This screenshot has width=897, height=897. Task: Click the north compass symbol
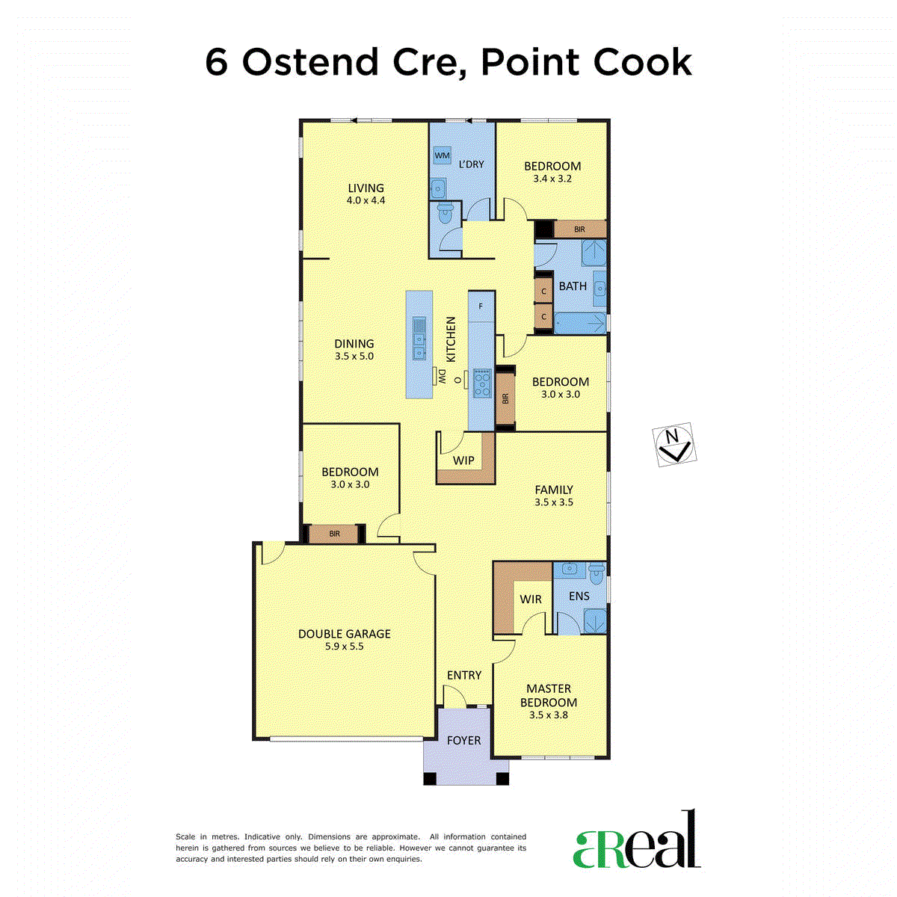[674, 444]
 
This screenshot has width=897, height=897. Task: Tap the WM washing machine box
[442, 155]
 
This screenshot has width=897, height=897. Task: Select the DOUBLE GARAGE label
[344, 634]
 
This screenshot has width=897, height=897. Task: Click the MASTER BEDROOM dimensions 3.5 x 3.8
[549, 715]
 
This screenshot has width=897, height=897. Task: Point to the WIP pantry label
[463, 460]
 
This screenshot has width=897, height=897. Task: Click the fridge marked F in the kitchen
[481, 306]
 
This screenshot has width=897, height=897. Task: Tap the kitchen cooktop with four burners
[482, 383]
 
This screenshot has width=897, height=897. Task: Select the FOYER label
[463, 740]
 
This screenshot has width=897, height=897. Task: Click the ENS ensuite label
[579, 596]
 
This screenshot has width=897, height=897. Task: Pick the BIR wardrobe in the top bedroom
[580, 229]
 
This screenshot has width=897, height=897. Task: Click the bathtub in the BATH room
[581, 323]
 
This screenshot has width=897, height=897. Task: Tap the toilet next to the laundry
[446, 214]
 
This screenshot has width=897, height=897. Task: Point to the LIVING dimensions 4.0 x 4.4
[366, 200]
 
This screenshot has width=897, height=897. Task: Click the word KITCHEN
[451, 339]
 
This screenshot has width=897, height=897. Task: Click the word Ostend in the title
[310, 62]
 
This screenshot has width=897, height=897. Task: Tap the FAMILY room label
[553, 490]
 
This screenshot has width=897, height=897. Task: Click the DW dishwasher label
[443, 377]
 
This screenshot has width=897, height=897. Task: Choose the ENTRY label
[464, 675]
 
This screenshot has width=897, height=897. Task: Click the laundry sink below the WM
[438, 188]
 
